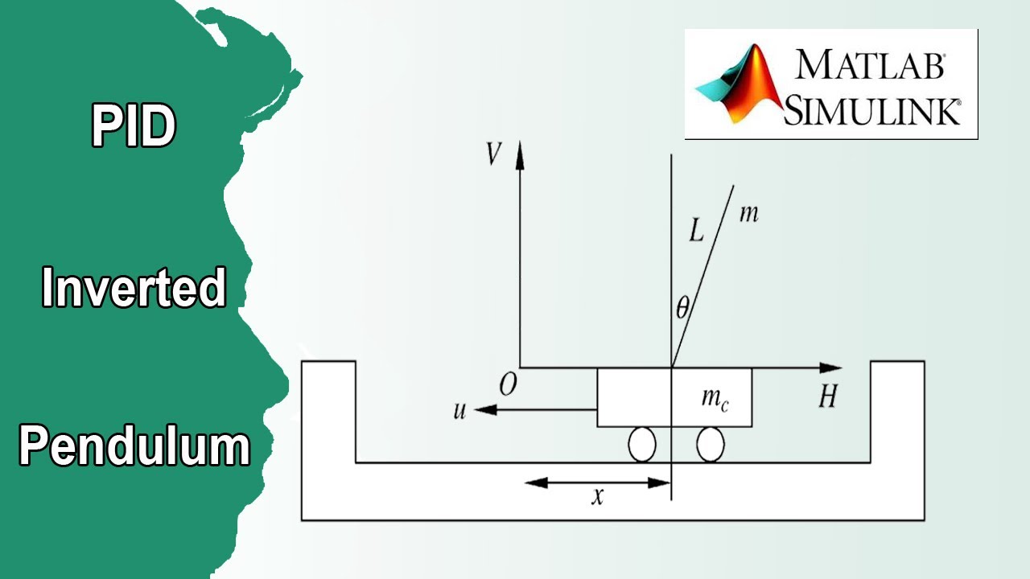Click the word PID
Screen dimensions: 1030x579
tap(134, 125)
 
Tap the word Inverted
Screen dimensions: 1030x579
tap(134, 287)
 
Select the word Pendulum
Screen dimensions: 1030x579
tap(134, 446)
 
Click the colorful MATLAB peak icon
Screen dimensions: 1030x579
tap(739, 84)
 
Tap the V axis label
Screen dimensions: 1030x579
tap(493, 154)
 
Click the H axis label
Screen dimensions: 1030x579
tap(828, 396)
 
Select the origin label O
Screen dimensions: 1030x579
tap(508, 384)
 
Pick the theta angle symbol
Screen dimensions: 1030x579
tap(682, 307)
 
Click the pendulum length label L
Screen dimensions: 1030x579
tap(696, 230)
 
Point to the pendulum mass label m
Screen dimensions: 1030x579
tap(749, 214)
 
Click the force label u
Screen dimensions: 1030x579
tap(459, 410)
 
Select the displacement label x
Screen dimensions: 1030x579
tap(597, 497)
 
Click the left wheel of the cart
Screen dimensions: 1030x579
tap(642, 445)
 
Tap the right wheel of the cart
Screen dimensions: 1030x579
tap(711, 445)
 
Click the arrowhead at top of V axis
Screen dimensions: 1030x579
tap(520, 154)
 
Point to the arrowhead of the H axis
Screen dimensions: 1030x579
tap(830, 368)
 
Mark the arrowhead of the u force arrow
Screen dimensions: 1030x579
tap(485, 409)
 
